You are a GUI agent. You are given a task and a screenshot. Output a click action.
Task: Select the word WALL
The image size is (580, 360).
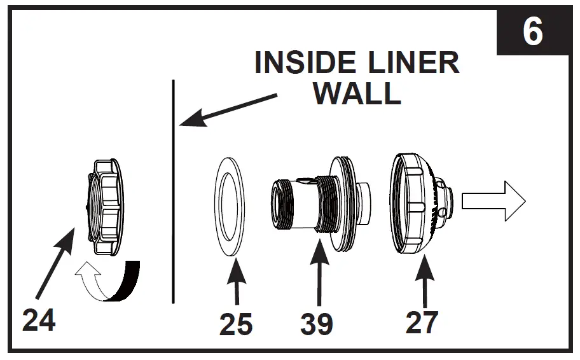(357, 93)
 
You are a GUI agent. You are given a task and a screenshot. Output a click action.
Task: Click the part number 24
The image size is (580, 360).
(39, 319)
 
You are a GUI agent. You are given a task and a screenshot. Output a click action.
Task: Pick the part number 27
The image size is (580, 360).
(422, 322)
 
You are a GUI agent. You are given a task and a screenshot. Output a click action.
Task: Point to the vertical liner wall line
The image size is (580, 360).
(173, 191)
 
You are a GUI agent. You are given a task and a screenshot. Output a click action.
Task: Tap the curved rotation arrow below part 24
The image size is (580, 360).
(108, 282)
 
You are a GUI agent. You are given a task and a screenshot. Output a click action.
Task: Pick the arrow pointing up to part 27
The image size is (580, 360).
(423, 280)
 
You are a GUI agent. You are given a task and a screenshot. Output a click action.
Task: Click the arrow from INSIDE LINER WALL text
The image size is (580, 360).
(229, 109)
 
